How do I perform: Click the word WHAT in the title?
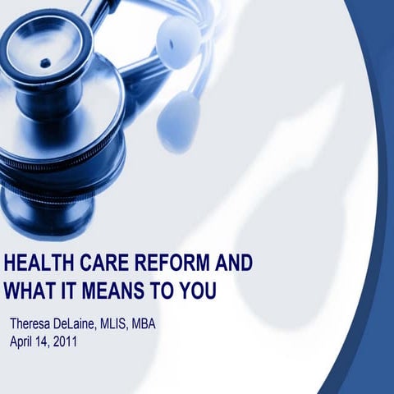pos(29,291)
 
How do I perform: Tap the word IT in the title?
pos(69,291)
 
